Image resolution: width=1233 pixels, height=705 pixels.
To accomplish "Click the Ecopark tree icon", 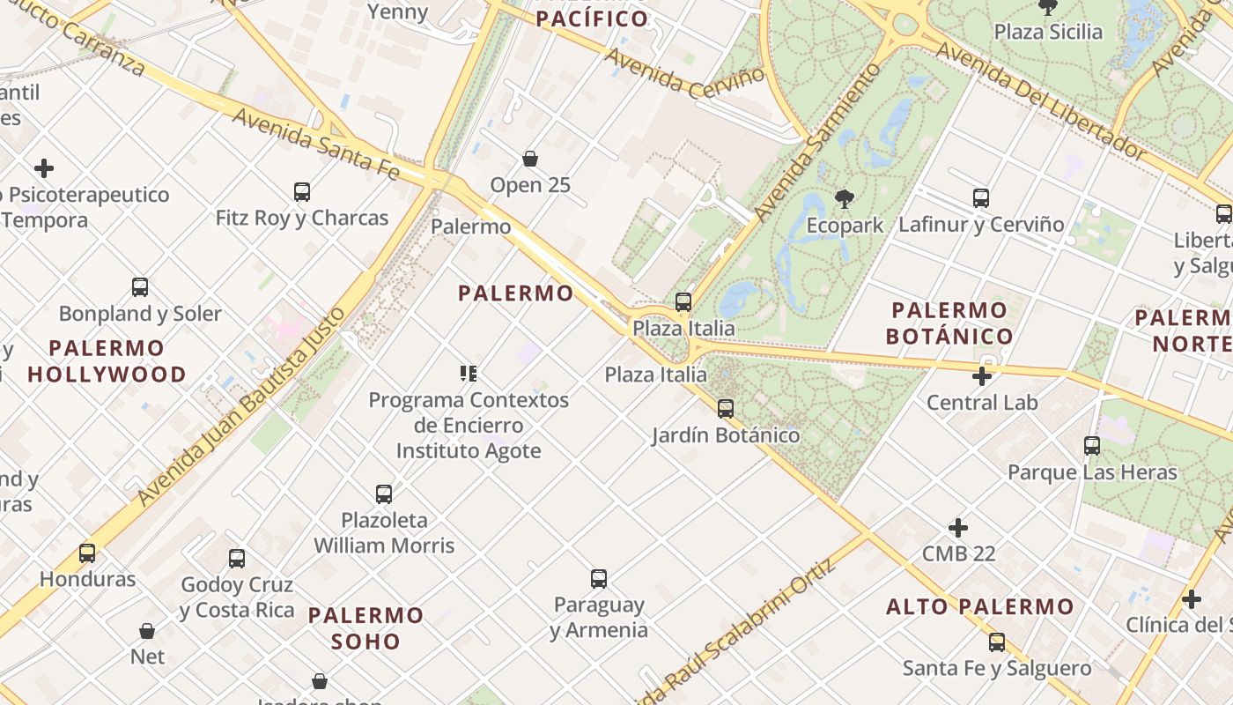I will (x=844, y=199).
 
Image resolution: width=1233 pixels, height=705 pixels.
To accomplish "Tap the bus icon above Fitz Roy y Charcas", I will (x=301, y=191).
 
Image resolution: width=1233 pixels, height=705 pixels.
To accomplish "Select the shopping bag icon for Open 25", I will (x=530, y=159).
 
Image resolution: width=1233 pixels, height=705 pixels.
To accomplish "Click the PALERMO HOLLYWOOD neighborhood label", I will (x=107, y=361).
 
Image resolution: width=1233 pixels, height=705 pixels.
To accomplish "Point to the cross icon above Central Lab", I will (x=982, y=377).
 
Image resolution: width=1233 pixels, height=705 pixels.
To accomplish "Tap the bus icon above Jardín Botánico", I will (x=726, y=409).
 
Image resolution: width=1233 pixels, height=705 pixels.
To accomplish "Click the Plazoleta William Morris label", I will (x=384, y=533).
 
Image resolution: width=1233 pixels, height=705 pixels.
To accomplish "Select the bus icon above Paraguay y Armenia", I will (x=599, y=579).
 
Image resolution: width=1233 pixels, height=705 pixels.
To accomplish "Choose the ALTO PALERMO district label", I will (x=980, y=606).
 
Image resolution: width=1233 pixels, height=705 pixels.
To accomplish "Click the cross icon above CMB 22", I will (x=958, y=529).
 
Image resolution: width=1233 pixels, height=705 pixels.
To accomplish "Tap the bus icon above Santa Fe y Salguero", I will (x=997, y=642).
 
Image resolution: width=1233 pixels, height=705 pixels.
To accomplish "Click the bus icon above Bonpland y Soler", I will (x=140, y=287).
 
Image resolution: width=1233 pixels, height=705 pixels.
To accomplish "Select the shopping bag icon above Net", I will (x=147, y=631).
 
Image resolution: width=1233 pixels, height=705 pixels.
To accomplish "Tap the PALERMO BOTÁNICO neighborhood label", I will (x=949, y=323).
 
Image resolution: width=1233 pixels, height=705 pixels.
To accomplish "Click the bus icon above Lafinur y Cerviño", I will (x=981, y=198).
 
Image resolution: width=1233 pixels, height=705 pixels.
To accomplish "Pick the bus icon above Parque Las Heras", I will (x=1092, y=446).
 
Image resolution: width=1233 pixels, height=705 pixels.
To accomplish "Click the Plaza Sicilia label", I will (x=1048, y=32).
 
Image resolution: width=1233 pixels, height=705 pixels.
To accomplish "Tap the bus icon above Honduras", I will (x=87, y=553).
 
